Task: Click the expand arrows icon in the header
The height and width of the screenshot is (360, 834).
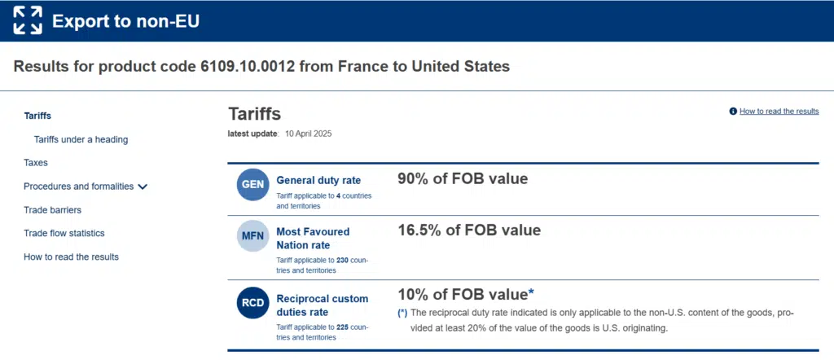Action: pos(28,20)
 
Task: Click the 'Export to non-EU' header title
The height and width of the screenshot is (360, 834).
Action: pos(125,21)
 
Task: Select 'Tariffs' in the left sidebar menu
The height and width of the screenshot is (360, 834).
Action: pos(37,116)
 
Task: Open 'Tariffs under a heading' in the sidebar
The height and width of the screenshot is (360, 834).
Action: pos(81,139)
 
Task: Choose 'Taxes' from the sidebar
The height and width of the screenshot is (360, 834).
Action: pos(36,163)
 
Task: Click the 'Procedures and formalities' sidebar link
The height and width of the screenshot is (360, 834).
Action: pos(78,187)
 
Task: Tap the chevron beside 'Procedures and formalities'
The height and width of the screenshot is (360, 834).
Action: pos(143,187)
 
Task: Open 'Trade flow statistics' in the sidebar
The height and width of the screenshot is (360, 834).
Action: pos(64,234)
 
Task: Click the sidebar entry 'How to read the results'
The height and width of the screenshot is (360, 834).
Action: pos(71,257)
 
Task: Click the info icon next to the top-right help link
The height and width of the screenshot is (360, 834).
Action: pos(733,111)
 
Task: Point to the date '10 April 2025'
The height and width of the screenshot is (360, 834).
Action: pos(309,134)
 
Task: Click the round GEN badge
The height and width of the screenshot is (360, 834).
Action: pos(252,185)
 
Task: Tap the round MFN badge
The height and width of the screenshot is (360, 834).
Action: pos(252,236)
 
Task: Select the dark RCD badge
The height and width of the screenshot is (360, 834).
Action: pos(252,304)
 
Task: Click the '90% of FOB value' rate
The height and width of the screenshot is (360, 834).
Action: pos(463,179)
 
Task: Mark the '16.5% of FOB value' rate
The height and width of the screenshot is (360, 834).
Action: pos(469,230)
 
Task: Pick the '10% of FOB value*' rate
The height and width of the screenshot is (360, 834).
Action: pos(465,295)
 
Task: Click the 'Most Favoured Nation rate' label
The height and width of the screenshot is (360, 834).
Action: pos(313,238)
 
